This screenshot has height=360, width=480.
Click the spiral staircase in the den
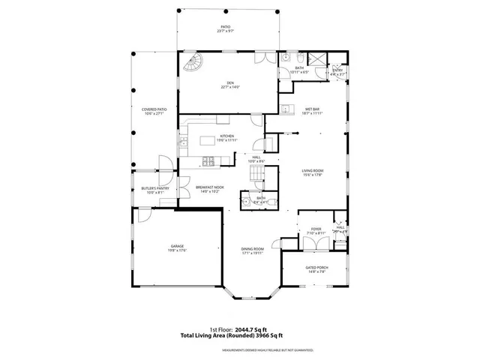191,63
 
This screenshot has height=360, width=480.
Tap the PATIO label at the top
226,26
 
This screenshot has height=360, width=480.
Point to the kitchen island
217,141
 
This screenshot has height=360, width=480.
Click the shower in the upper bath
318,58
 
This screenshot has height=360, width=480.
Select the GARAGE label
177,246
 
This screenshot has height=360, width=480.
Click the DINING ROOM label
252,249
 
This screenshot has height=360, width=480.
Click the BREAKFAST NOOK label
208,187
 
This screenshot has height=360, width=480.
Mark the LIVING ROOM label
312,171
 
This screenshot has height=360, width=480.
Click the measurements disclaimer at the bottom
239,349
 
